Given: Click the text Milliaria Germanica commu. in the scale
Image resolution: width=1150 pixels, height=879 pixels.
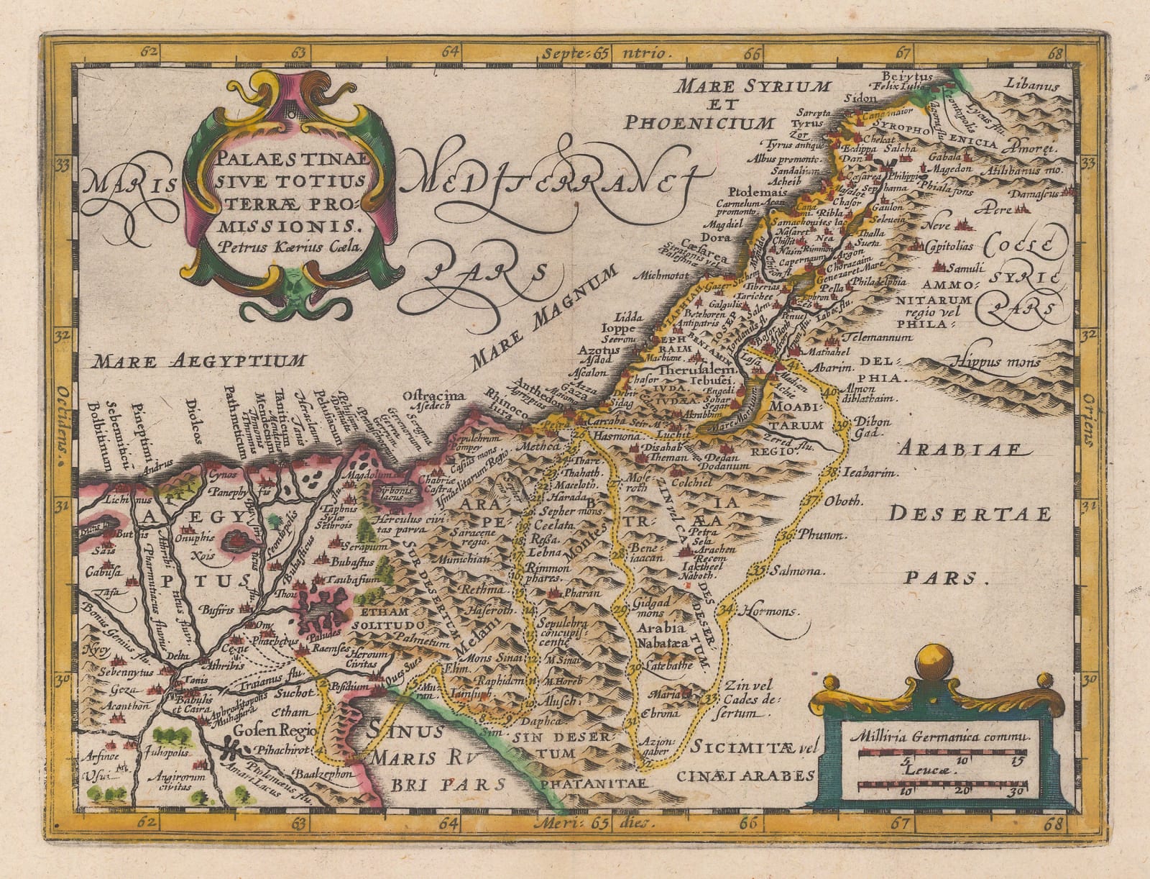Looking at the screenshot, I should click(938, 737).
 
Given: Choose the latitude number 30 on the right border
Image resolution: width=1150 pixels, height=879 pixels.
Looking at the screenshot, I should click(1090, 678).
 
